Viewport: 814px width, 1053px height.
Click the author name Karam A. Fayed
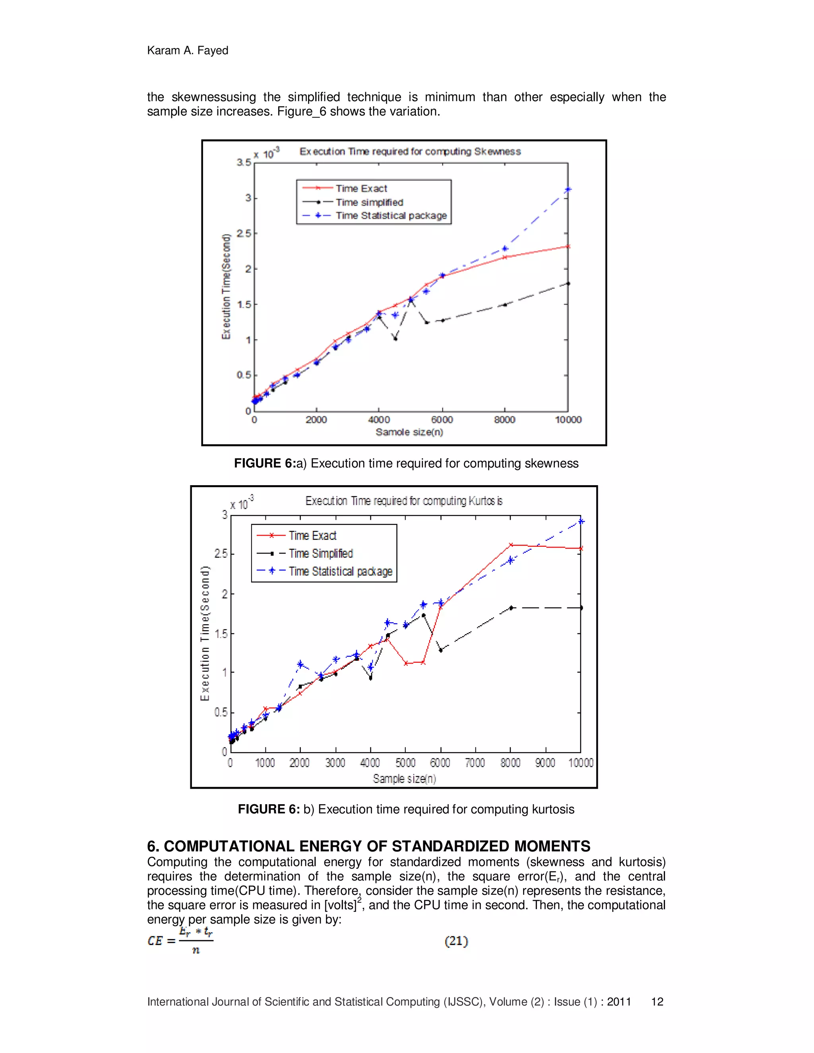pyautogui.click(x=187, y=50)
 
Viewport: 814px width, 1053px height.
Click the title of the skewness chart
pyautogui.click(x=410, y=151)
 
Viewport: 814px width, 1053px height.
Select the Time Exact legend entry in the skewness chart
pyautogui.click(x=361, y=188)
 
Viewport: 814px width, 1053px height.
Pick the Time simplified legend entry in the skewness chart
pyautogui.click(x=369, y=203)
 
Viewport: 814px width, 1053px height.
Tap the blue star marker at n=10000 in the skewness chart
pyautogui.click(x=568, y=190)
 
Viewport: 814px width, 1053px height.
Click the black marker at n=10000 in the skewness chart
pyautogui.click(x=568, y=283)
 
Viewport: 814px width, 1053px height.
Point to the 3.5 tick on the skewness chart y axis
pyautogui.click(x=244, y=163)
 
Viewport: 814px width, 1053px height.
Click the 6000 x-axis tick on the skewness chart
pyautogui.click(x=442, y=420)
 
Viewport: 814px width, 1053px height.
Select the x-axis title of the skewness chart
pyautogui.click(x=409, y=432)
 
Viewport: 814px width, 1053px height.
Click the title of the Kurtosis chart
pyautogui.click(x=404, y=501)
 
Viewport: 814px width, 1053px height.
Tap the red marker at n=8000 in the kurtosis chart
pyautogui.click(x=511, y=545)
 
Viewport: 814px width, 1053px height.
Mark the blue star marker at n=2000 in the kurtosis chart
pyautogui.click(x=300, y=664)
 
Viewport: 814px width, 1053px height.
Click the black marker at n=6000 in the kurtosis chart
pyautogui.click(x=440, y=650)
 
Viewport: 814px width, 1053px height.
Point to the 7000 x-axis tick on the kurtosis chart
pyautogui.click(x=475, y=763)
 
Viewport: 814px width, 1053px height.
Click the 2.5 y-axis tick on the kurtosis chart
pyautogui.click(x=221, y=554)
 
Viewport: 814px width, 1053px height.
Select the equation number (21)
pyautogui.click(x=456, y=941)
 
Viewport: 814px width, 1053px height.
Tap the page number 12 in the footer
pyautogui.click(x=657, y=1002)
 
